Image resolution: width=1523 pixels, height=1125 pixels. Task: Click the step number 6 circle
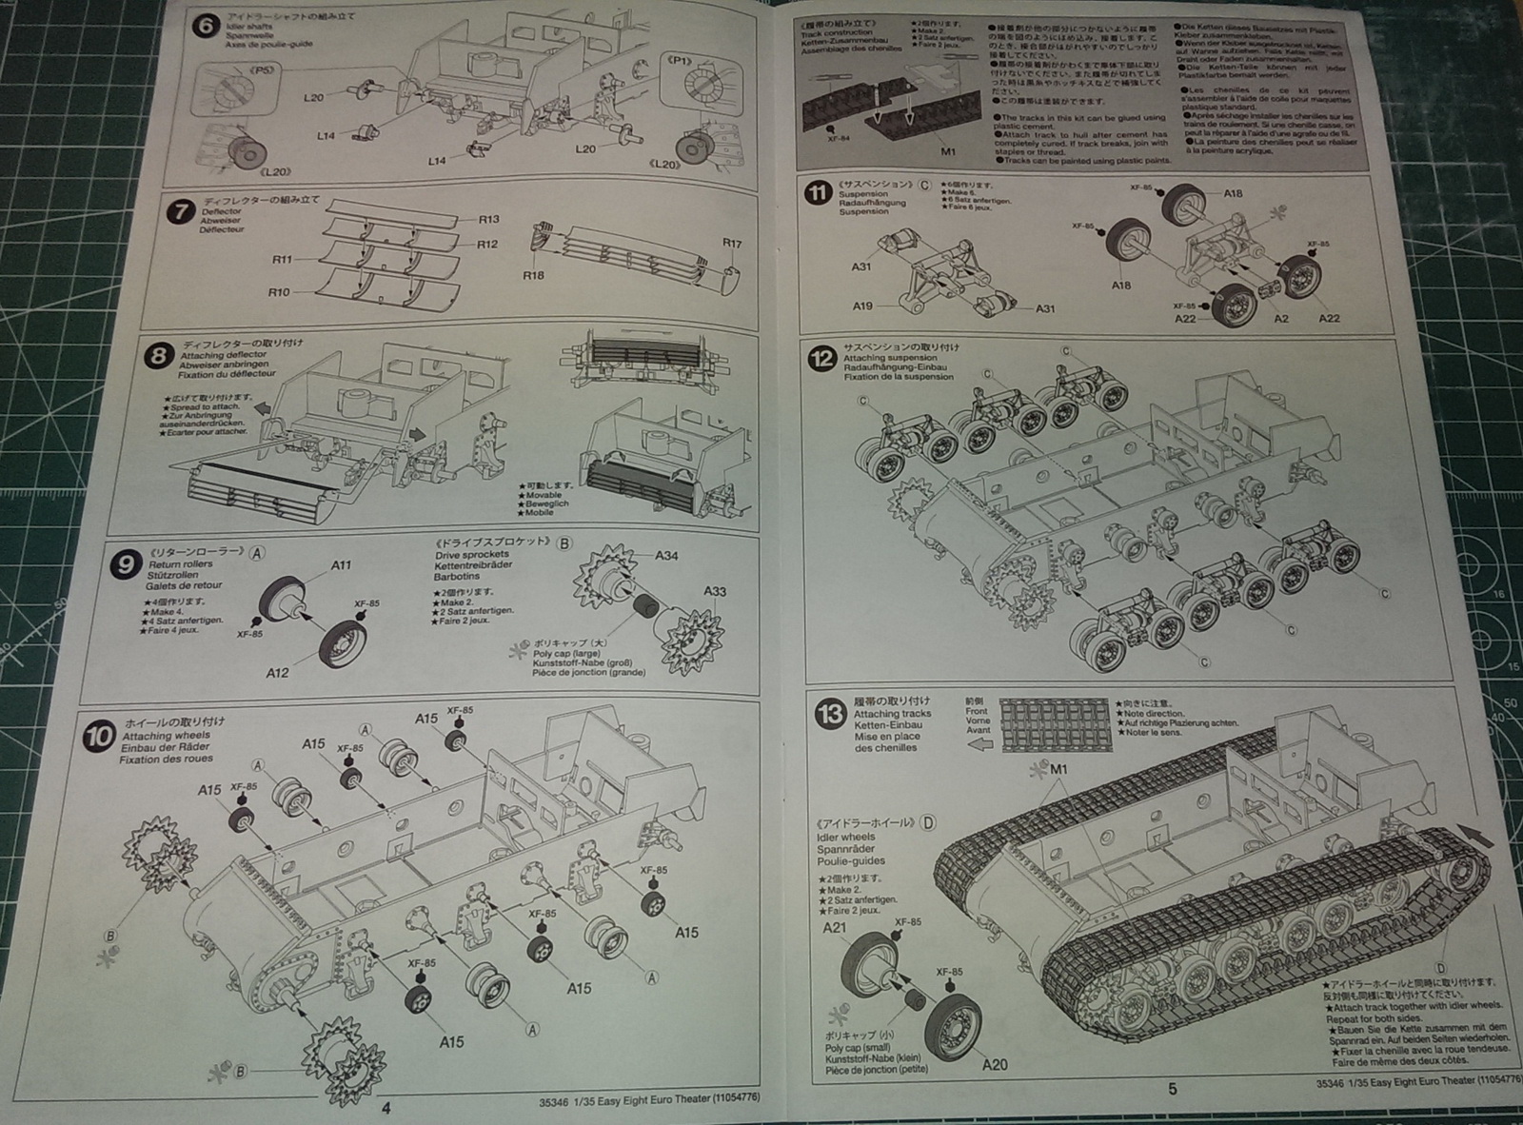click(205, 26)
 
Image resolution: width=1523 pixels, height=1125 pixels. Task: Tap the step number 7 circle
click(180, 210)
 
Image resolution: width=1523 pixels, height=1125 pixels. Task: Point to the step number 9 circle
click(125, 565)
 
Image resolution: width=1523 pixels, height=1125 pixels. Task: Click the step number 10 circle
click(99, 737)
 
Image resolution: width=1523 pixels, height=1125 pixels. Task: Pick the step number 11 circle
click(817, 193)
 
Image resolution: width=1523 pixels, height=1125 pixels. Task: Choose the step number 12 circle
click(821, 359)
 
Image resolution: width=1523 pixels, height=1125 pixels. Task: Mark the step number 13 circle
click(830, 713)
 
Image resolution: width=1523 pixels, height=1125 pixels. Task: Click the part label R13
click(488, 219)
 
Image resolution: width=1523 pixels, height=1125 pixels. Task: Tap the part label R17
click(731, 244)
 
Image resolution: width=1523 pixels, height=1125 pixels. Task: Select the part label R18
click(533, 275)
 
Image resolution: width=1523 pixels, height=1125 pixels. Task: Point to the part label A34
click(666, 555)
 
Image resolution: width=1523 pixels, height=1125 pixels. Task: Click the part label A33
click(715, 591)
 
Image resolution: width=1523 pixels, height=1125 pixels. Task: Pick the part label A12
click(277, 673)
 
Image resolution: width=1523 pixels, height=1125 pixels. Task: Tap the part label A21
click(834, 928)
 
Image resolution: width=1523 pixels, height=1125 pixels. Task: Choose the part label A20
click(994, 1064)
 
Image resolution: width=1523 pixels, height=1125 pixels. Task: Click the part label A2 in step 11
click(1281, 318)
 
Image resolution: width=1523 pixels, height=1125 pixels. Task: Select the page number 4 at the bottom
click(386, 1108)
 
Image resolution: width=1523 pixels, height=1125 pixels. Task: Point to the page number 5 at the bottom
click(1172, 1089)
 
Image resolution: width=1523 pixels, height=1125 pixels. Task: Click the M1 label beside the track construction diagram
click(947, 151)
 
